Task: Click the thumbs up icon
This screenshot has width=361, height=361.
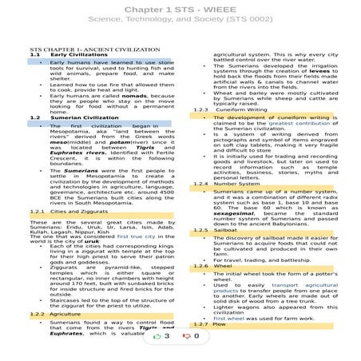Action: [x=163, y=338]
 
